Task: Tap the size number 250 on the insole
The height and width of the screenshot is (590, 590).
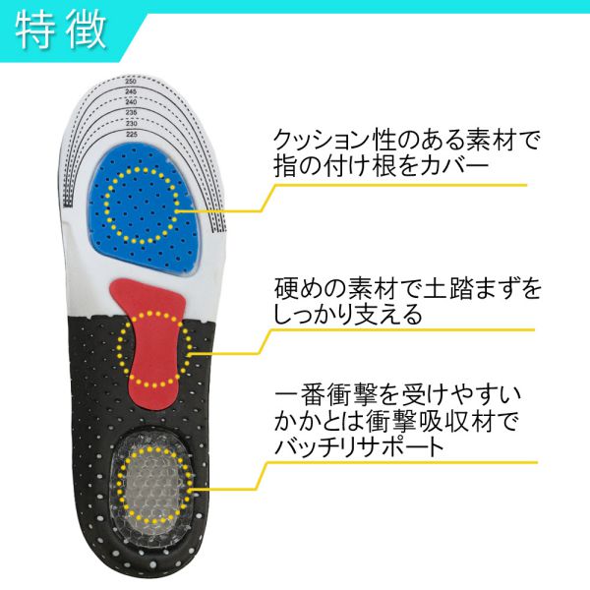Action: (x=131, y=82)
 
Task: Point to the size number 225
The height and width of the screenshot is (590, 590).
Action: (x=132, y=135)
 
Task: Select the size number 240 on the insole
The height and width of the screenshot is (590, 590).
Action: (x=131, y=102)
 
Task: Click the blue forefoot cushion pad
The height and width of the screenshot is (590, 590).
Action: (x=145, y=206)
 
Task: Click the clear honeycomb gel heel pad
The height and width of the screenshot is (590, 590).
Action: (x=152, y=488)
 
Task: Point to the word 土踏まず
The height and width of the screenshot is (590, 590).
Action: (x=469, y=288)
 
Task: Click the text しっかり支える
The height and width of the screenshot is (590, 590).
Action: (x=348, y=315)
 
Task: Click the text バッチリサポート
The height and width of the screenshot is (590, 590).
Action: (x=360, y=446)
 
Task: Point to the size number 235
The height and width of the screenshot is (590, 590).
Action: (x=132, y=112)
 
